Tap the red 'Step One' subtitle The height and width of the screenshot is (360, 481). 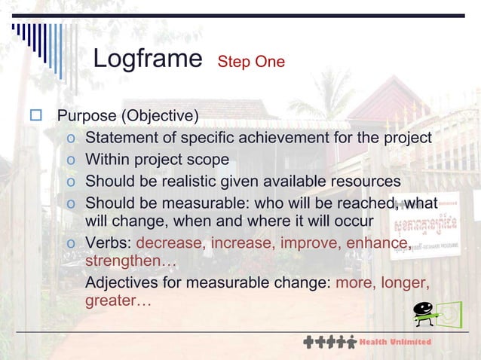click(251, 62)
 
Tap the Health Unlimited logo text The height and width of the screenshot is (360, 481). click(395, 342)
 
